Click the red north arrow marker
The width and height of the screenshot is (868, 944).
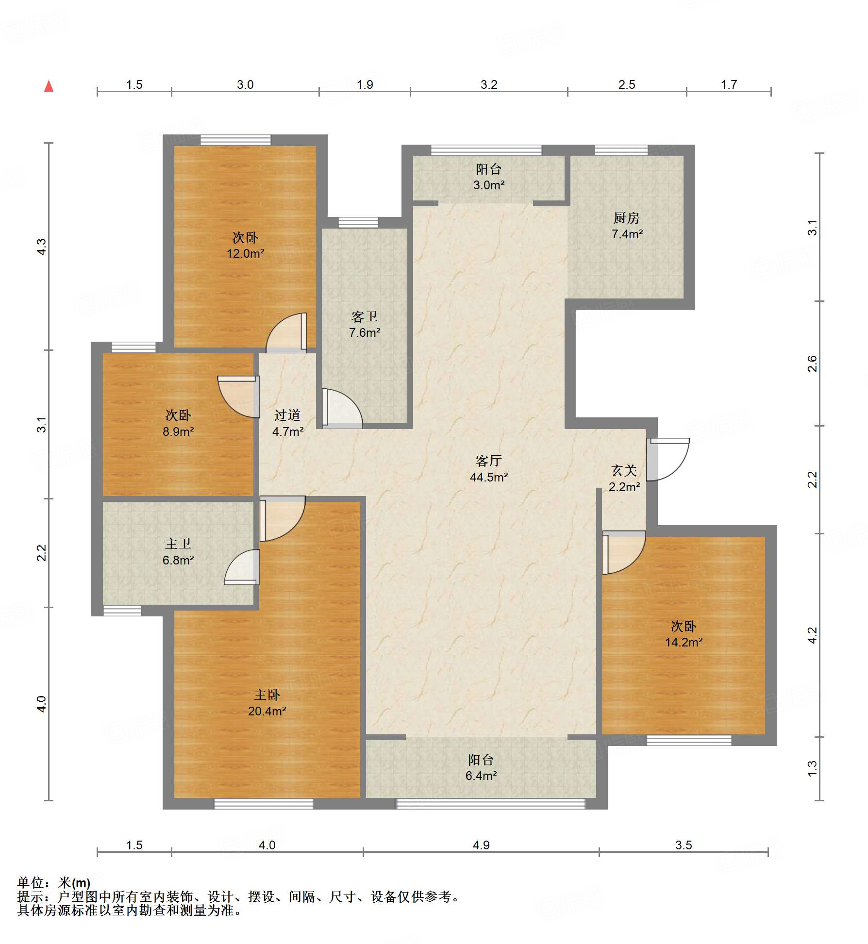[x=49, y=86]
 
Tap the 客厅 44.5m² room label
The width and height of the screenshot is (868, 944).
[x=488, y=468]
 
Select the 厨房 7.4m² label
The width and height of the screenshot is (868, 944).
[x=627, y=226]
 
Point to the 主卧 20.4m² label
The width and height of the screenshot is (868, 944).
[x=267, y=703]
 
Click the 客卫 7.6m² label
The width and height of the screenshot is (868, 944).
[x=365, y=324]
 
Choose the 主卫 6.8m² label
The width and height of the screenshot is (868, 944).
[x=178, y=552]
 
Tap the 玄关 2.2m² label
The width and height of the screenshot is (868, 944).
[x=624, y=478]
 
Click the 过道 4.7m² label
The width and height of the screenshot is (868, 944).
[x=288, y=423]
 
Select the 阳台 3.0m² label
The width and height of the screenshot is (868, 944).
[x=489, y=177]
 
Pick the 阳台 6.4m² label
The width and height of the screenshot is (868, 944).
[x=481, y=767]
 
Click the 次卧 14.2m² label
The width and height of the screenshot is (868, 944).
[x=684, y=634]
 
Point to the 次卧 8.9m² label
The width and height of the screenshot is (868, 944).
[x=178, y=423]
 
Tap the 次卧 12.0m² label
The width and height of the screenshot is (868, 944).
[x=245, y=245]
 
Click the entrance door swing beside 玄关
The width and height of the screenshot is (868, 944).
[x=668, y=459]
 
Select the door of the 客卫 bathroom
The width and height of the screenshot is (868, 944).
[x=342, y=408]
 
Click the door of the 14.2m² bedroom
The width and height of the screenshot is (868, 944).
[x=624, y=552]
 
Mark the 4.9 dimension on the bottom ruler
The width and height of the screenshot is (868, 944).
[x=481, y=845]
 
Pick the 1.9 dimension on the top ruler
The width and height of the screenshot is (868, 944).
[x=365, y=84]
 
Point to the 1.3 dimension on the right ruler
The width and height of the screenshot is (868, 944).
[x=812, y=768]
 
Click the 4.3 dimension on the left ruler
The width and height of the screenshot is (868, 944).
[x=42, y=247]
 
